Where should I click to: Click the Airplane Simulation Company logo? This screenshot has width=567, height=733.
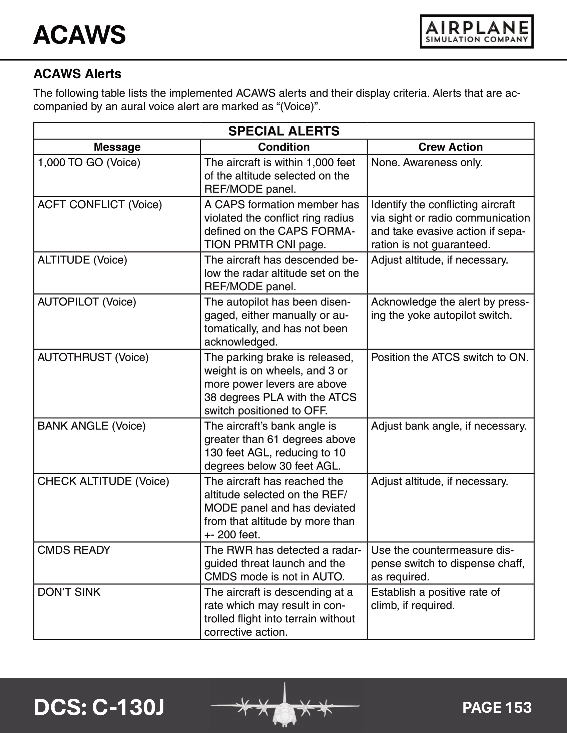coord(477,32)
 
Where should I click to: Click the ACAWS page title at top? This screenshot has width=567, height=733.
coord(80,35)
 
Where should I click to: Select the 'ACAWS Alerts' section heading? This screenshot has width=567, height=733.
coord(77,74)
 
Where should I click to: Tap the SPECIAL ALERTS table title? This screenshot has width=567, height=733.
coord(284,131)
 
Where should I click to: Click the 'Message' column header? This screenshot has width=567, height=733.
coord(117,147)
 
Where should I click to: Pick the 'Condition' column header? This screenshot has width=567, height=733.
coord(284,147)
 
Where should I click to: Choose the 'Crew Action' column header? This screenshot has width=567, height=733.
coord(451,147)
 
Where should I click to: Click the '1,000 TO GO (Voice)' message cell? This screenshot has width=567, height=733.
coord(89,163)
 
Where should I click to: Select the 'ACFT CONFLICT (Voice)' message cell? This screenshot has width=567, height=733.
coord(100,205)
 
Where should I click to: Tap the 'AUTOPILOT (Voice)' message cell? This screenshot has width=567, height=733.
coord(87,302)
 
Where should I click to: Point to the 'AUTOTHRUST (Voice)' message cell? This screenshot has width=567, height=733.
coord(93,358)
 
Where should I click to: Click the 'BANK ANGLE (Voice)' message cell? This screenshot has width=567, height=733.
coord(92,426)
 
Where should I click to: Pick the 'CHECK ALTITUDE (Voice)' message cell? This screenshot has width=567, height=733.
coord(103,481)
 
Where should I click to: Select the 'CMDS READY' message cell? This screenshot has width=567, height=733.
coord(74,550)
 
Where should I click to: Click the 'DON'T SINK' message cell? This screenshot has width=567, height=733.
coord(69,592)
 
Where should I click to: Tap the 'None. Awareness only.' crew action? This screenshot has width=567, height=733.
coord(427,163)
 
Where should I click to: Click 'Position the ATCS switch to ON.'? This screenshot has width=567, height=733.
coord(450,358)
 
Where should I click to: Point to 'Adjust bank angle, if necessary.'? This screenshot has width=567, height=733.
coord(449,426)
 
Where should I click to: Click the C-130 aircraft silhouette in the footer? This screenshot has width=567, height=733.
coord(285,706)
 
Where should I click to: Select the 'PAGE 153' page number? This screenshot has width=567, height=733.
coord(497,707)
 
